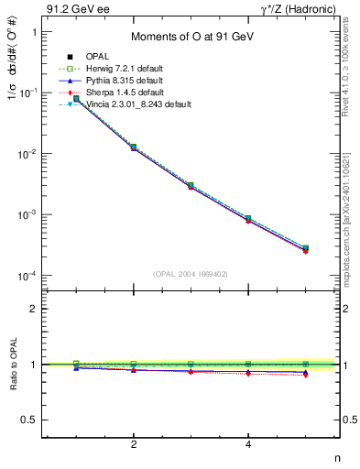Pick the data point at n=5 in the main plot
click(305, 248)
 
